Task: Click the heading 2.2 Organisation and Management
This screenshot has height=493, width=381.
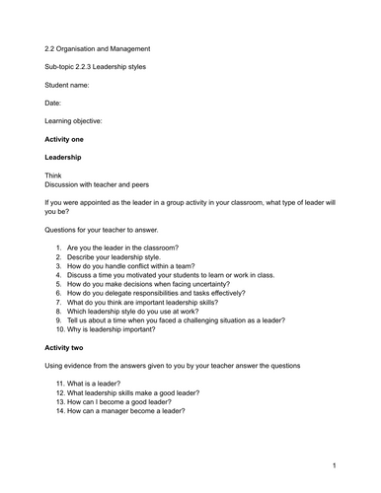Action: point(99,48)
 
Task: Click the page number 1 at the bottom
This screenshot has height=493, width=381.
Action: point(334,464)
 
